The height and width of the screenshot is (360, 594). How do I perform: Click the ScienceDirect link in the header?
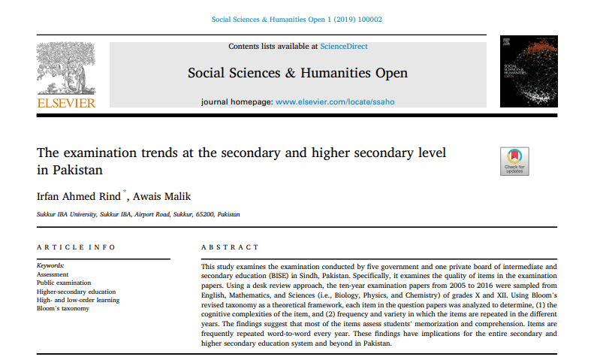(344, 47)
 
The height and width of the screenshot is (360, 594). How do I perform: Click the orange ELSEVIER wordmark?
(67, 103)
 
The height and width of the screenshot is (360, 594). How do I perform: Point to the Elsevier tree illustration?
(67, 68)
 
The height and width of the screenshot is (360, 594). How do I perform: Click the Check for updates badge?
(514, 161)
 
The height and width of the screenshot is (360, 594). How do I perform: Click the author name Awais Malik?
(163, 196)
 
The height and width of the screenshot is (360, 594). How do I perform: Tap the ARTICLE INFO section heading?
(77, 247)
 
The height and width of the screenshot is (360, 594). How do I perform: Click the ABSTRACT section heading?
(230, 247)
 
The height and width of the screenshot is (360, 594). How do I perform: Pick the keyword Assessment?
(53, 274)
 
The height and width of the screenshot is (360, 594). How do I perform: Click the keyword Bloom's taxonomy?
(63, 309)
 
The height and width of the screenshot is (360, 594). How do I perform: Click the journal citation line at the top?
(297, 19)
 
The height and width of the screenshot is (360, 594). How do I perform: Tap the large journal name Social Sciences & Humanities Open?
(297, 73)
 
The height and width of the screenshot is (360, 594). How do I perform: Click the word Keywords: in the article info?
(50, 266)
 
